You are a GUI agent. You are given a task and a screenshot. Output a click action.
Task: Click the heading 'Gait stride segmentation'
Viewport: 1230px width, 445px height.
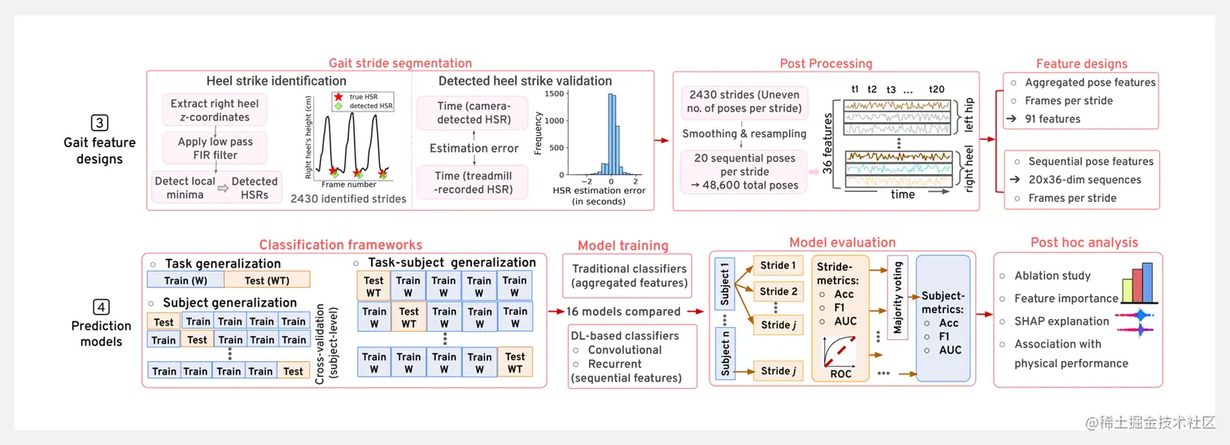399,63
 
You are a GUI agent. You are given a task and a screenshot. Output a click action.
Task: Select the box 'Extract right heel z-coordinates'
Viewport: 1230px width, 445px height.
215,111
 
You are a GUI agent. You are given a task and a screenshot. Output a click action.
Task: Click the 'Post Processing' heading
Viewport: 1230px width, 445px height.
826,63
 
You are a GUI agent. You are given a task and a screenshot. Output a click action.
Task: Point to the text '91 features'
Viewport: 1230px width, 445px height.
1053,119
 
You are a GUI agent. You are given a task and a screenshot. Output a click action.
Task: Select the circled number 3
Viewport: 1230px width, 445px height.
100,124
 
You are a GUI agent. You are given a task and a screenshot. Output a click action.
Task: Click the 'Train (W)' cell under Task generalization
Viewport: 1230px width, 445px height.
187,281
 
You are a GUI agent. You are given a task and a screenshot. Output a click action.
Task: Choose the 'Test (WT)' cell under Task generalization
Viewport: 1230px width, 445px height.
266,281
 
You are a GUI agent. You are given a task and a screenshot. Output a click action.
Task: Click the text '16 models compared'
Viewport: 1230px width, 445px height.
623,312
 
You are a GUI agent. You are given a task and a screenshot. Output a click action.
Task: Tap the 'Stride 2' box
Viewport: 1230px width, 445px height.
779,291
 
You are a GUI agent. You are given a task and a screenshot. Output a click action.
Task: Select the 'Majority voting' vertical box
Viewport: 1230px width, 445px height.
897,298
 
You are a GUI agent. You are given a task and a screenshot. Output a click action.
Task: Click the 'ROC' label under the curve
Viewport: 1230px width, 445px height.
840,373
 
